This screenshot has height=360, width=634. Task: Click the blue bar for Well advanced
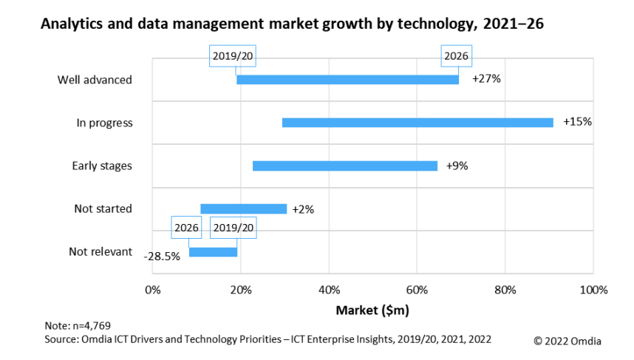coord(347,79)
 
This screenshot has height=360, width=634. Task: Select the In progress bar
coord(417,123)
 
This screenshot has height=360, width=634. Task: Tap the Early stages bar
coord(345,166)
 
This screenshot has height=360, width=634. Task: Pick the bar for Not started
coord(243,209)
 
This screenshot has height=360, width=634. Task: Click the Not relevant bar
coord(213,252)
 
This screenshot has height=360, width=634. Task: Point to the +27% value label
coord(486,79)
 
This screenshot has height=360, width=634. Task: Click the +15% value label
coord(577,122)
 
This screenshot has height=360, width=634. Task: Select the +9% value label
coord(457,166)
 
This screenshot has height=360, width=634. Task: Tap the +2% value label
coord(303,209)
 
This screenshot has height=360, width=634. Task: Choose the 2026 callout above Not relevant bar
coord(186,228)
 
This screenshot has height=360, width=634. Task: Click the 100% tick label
coord(593,288)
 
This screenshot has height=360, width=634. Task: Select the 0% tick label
coord(152,288)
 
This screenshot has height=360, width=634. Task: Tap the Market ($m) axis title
coord(372,309)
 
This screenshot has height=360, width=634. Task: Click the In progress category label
coord(104,123)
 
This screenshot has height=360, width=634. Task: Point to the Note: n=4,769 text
coord(78,325)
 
